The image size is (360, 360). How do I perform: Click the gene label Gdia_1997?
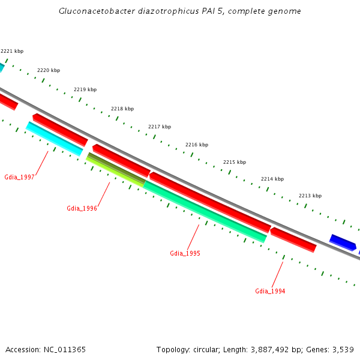pos(19,177)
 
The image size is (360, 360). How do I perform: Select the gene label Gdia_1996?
pos(82,208)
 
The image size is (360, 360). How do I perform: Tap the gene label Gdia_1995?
pos(185,253)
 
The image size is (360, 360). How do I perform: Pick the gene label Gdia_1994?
pos(270,291)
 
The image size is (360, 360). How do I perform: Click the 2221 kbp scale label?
pos(12,52)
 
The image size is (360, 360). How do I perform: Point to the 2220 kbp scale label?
pos(49,70)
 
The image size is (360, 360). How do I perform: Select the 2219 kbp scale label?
pos(85,89)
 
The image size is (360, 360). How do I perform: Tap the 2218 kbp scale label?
pos(122,109)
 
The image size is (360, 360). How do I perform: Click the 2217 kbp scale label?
pos(160,127)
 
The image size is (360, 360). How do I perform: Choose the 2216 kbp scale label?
pos(197,145)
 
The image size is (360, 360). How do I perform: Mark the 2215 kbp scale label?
pos(235,162)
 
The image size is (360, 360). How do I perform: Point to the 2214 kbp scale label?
pos(272,179)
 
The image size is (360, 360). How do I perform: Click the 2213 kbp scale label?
pos(310,196)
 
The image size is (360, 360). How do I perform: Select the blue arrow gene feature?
pos(343,242)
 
